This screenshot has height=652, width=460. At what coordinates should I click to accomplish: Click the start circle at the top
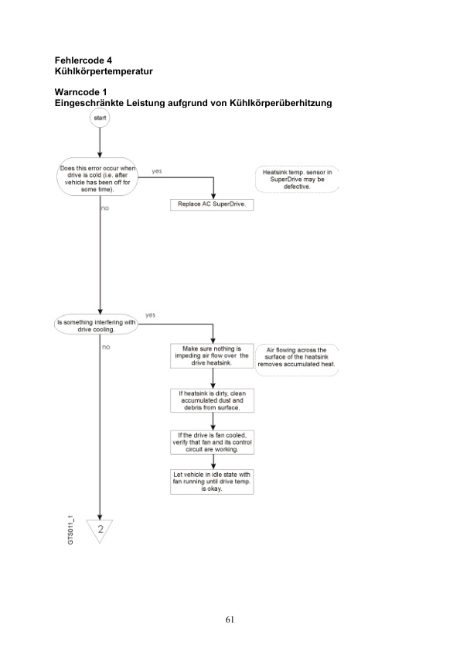tap(101, 119)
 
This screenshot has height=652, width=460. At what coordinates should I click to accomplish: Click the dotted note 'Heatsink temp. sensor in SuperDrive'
tap(297, 179)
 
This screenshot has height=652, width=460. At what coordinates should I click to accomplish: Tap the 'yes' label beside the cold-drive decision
tap(157, 170)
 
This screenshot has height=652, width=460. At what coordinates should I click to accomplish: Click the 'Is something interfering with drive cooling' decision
tap(97, 325)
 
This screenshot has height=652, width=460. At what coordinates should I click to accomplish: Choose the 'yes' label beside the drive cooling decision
tap(151, 315)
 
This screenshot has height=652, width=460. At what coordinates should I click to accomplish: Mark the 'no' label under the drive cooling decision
tap(106, 348)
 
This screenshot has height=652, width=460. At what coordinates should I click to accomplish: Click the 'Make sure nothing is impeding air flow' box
tap(212, 356)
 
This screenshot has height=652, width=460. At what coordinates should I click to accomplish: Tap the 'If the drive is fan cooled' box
tap(212, 442)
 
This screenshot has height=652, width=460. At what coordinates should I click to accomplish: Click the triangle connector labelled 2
tap(101, 530)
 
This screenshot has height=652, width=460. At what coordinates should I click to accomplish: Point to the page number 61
tap(230, 619)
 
